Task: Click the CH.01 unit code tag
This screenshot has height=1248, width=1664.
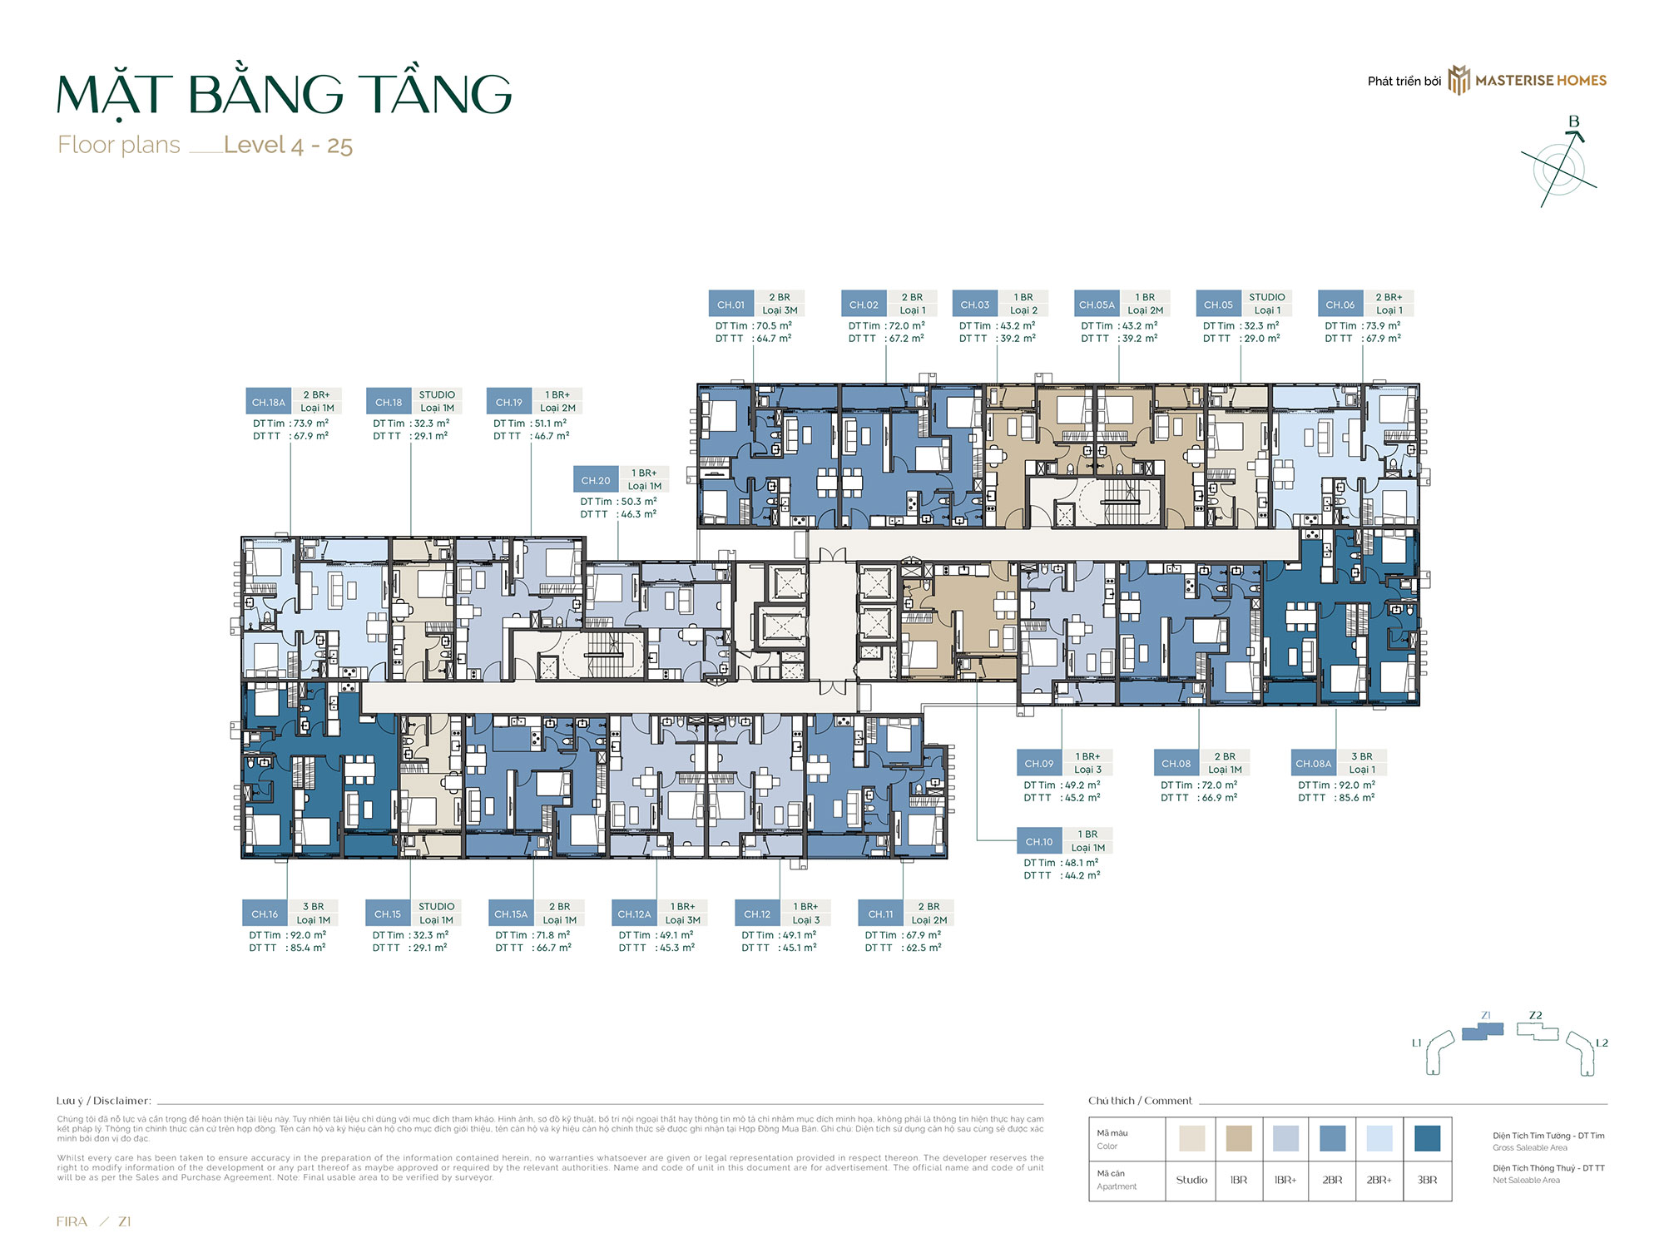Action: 730,305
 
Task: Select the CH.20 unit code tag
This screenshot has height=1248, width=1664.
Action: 596,480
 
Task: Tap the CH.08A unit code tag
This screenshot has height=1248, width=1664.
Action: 1314,764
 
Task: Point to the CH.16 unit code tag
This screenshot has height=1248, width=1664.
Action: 265,914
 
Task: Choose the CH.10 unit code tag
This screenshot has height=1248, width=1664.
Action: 1039,841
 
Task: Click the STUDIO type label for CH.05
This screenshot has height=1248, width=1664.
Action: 1266,297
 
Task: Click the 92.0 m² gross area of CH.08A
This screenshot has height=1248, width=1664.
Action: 1356,785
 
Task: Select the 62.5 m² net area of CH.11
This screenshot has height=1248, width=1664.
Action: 923,948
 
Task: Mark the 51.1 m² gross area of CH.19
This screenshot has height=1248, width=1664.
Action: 551,423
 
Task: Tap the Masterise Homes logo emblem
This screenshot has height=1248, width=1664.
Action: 1458,81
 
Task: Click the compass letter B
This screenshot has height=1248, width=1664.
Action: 1573,121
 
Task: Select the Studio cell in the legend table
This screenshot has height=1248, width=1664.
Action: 1191,1180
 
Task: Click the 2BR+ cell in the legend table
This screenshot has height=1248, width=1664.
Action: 1379,1180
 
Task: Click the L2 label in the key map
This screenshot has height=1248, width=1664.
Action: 1602,1042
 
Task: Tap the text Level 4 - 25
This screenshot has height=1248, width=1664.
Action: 288,146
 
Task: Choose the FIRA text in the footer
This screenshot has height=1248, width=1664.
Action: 72,1221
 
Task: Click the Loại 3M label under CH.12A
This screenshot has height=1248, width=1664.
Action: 682,920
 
